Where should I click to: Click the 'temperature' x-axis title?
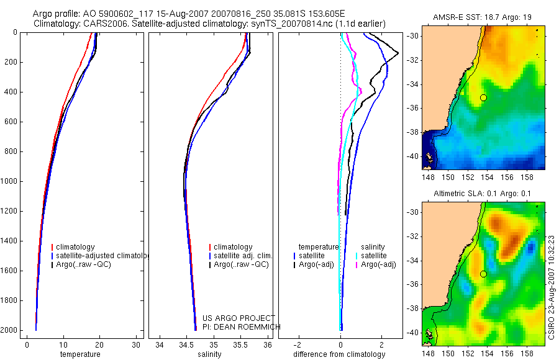click(80, 354)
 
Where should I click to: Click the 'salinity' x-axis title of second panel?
click(208, 354)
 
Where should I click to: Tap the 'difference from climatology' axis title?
click(340, 354)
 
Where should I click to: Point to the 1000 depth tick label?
click(9, 181)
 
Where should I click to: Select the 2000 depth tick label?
click(9, 330)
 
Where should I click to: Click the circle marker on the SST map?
click(483, 97)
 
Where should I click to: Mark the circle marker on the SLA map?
click(483, 274)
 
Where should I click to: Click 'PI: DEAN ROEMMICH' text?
click(242, 326)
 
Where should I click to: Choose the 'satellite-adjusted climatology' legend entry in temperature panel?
click(102, 256)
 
